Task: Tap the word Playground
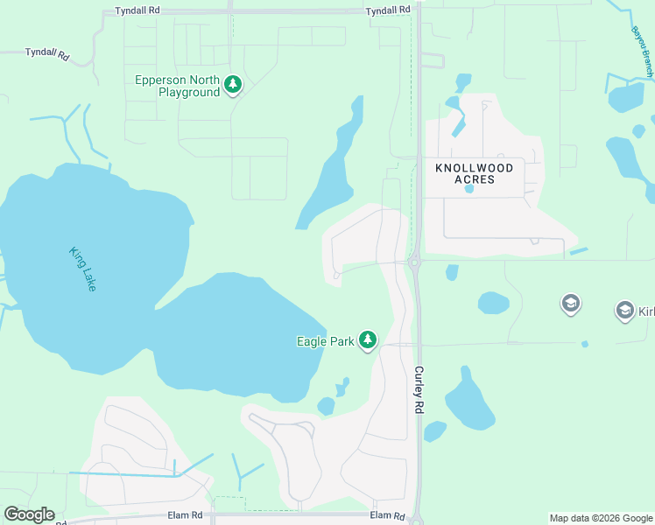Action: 189,93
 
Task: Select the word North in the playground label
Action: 207,80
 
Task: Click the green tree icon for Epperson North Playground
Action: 232,85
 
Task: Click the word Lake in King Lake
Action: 89,280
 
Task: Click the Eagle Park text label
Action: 325,341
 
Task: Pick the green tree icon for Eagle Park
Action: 369,339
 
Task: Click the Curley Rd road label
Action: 419,390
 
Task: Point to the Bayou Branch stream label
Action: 643,52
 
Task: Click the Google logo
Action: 29,514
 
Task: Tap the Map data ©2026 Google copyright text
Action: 601,518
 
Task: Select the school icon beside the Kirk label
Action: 624,310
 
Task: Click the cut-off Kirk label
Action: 646,311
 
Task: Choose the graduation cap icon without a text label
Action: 570,304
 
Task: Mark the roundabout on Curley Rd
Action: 414,260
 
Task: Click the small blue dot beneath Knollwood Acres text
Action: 469,188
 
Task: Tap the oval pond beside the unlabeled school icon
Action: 494,303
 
